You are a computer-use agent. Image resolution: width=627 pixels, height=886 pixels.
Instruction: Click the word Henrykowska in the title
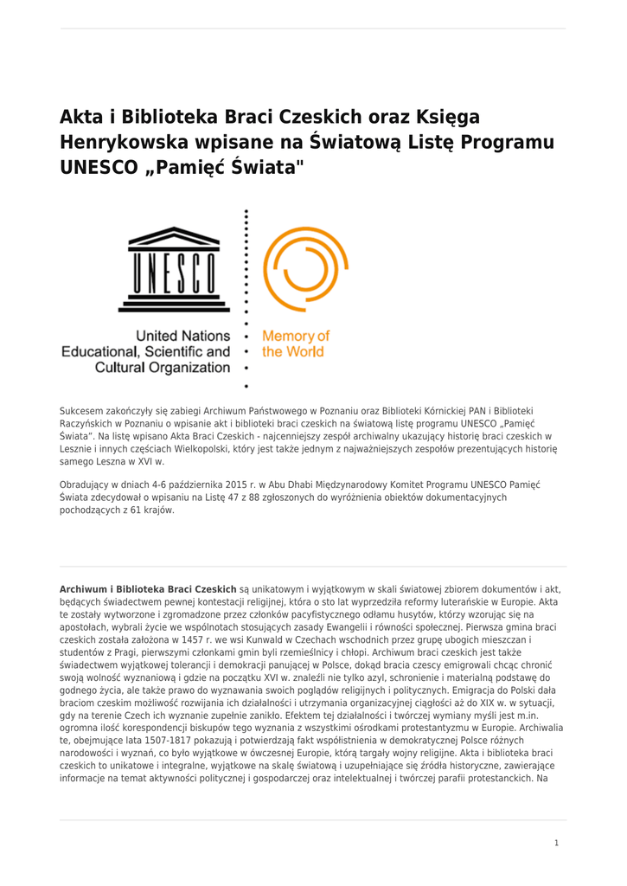[x=113, y=142]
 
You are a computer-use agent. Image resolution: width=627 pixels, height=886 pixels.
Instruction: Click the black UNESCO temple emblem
[x=174, y=269]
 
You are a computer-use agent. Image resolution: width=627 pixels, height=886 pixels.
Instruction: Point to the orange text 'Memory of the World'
[x=295, y=343]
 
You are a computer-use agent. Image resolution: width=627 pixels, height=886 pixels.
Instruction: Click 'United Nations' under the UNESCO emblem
[x=182, y=336]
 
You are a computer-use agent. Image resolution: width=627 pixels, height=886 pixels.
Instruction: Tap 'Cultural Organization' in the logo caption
[x=163, y=368]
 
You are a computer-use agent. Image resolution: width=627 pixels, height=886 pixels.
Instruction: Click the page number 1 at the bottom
[x=556, y=842]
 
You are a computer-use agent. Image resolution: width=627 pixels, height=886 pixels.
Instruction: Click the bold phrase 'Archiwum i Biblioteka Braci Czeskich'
[x=148, y=588]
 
